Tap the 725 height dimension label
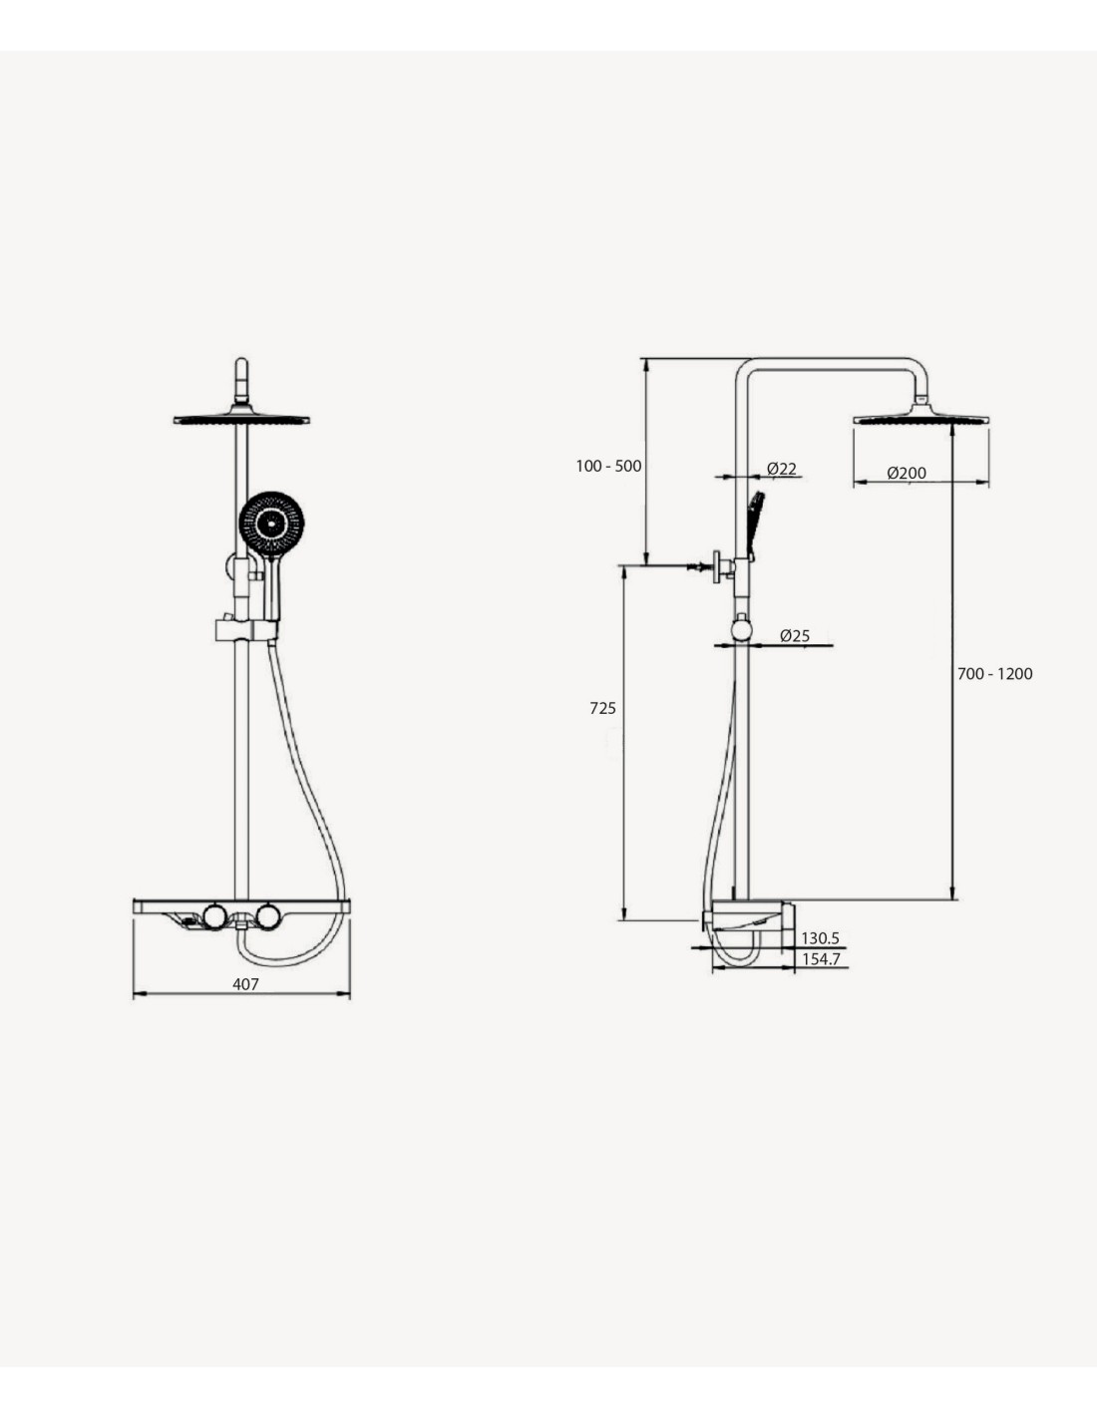(x=602, y=708)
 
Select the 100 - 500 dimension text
(x=608, y=466)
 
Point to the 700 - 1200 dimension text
(x=994, y=673)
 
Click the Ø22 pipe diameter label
(x=782, y=469)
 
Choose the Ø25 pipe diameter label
(x=795, y=635)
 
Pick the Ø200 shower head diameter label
(x=907, y=473)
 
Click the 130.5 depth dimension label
(x=821, y=938)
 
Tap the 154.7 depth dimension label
(x=821, y=959)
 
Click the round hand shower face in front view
(x=271, y=524)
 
